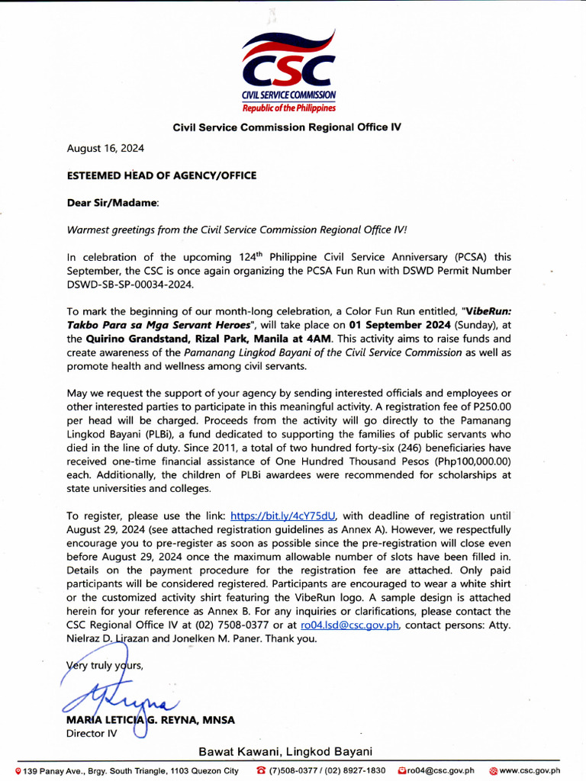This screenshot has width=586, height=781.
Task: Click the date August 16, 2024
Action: pos(105,148)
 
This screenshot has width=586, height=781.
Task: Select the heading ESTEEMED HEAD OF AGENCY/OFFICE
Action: pos(162,175)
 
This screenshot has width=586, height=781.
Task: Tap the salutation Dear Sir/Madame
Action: pos(114,203)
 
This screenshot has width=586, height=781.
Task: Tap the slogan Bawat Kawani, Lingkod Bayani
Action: pos(285,752)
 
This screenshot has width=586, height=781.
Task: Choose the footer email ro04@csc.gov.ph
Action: pos(439,771)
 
